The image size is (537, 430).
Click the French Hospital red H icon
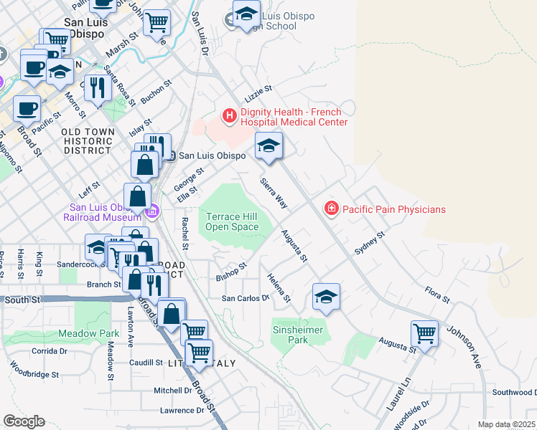tap(230, 115)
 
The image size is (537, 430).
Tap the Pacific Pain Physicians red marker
tap(332, 209)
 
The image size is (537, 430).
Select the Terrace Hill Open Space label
tap(232, 221)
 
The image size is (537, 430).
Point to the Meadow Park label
tap(89, 333)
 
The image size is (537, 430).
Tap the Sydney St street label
tap(370, 243)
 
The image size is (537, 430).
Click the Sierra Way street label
tap(274, 193)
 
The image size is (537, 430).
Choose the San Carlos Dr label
tap(244, 297)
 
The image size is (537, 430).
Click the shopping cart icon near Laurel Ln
tap(424, 333)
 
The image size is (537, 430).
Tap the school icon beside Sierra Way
tap(268, 145)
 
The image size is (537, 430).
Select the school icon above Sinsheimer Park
tap(325, 296)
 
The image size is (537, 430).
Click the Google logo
tap(24, 421)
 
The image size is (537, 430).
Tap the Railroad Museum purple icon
tap(152, 211)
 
